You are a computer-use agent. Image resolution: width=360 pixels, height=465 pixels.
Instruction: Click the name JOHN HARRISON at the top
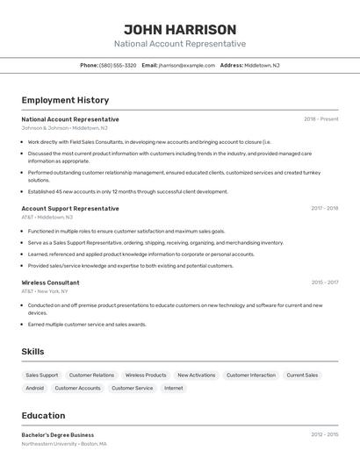180,29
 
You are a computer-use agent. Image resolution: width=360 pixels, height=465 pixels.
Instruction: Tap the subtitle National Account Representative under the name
180,44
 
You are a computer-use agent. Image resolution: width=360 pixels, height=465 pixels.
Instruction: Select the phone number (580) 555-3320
118,65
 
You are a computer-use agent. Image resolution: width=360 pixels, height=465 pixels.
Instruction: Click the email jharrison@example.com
187,65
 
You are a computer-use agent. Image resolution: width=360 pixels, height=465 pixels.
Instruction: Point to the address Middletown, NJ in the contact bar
262,65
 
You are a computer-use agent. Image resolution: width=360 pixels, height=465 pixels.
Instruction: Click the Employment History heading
65,100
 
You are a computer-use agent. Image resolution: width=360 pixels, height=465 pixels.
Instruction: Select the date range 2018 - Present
320,119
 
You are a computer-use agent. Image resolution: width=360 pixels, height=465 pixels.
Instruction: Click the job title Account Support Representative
70,209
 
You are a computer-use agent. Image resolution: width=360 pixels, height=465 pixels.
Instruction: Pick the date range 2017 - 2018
324,209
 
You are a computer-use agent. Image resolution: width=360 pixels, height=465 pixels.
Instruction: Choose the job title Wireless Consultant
50,283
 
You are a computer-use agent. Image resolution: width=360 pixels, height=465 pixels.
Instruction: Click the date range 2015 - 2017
324,283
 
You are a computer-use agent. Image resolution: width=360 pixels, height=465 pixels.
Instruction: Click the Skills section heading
33,351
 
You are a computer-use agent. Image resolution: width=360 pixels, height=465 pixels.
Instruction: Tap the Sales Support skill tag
42,375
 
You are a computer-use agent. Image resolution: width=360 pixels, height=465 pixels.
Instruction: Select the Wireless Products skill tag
146,375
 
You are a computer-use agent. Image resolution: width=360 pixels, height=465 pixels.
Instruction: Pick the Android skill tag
35,388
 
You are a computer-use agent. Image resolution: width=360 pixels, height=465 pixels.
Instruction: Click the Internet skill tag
174,388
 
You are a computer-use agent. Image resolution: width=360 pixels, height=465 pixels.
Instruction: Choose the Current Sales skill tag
302,375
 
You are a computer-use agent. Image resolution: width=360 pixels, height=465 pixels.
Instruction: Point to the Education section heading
44,415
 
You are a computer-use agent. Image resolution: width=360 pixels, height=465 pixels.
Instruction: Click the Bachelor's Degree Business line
58,434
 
